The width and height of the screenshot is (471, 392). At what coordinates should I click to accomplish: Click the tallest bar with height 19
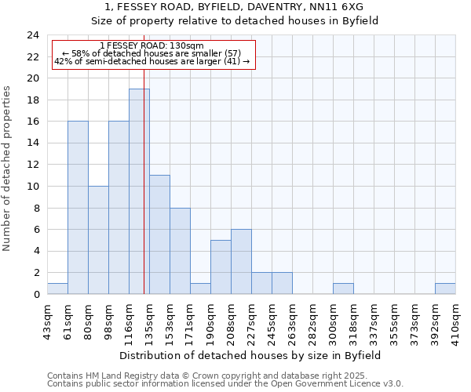click(x=139, y=191)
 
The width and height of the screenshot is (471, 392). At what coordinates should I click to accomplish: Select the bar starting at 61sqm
click(x=78, y=208)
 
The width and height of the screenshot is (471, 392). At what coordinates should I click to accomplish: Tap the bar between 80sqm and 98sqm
click(x=98, y=240)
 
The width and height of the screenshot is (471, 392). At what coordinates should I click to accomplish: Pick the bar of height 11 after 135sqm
click(x=159, y=234)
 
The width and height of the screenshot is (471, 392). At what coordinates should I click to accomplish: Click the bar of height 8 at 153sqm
click(x=180, y=251)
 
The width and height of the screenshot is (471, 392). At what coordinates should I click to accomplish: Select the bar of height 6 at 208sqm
click(x=241, y=262)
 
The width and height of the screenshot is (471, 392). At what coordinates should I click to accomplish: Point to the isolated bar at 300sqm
click(x=343, y=289)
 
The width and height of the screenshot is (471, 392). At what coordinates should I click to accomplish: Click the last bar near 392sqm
click(x=445, y=289)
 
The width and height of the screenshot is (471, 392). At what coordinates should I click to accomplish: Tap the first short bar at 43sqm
click(x=57, y=289)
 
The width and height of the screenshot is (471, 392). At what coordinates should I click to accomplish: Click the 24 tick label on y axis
click(x=32, y=35)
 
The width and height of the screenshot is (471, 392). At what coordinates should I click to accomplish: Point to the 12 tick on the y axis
click(x=32, y=165)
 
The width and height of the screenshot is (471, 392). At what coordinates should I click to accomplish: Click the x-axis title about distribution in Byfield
click(x=251, y=355)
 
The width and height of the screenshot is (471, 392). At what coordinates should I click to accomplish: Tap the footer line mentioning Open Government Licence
click(x=225, y=383)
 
